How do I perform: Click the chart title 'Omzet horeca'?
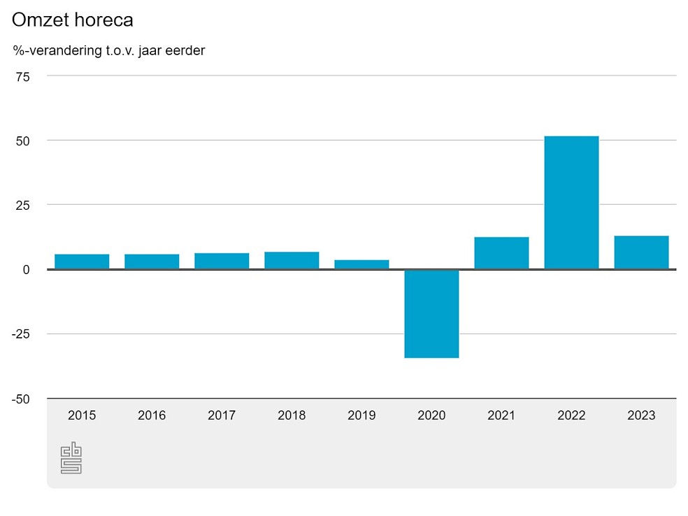click(x=72, y=20)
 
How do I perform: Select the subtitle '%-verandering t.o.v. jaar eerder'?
click(x=108, y=50)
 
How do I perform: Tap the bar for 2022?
click(x=571, y=202)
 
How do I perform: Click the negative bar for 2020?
click(x=431, y=313)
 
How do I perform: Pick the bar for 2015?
click(x=82, y=261)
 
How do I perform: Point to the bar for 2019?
click(x=361, y=264)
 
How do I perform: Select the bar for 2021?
click(x=501, y=253)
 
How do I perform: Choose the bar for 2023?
click(x=641, y=252)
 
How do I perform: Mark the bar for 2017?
click(x=222, y=261)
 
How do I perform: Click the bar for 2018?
click(x=292, y=260)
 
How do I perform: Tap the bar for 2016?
click(x=152, y=261)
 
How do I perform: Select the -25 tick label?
click(x=20, y=334)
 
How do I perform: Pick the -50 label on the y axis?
click(x=20, y=399)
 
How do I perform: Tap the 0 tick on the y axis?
click(x=27, y=269)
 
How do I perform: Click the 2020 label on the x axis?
click(x=431, y=415)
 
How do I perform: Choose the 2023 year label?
click(x=641, y=415)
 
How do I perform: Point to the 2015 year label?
click(x=82, y=415)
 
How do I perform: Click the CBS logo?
click(x=71, y=459)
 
